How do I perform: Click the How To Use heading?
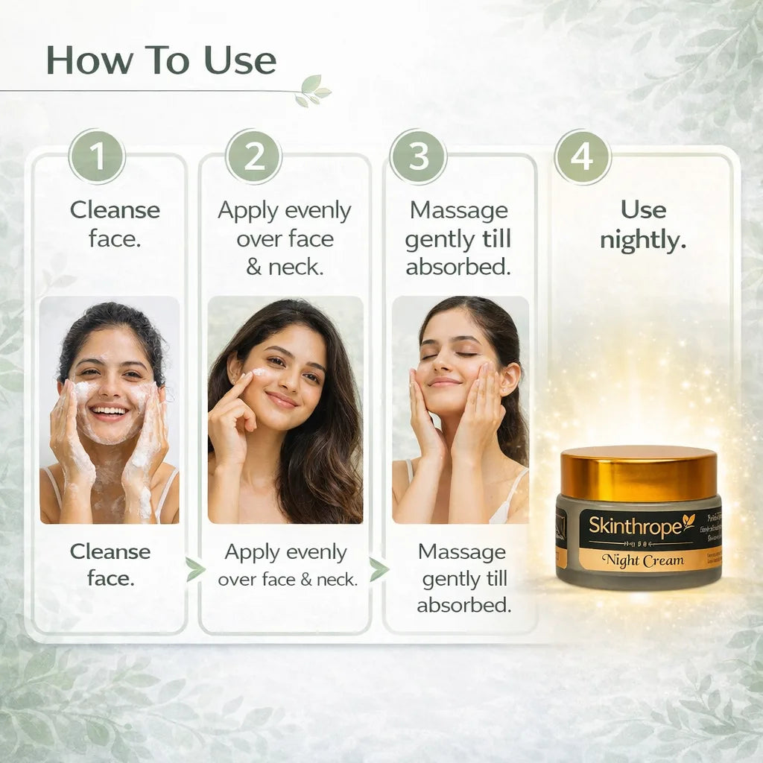[161, 60]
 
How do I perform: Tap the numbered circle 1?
[97, 157]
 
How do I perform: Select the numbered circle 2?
[253, 157]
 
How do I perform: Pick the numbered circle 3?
[418, 157]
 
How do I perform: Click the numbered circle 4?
[582, 157]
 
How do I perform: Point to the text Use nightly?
[643, 225]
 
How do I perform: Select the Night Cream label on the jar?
[642, 560]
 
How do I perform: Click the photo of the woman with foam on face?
[110, 410]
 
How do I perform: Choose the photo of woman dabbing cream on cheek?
[285, 410]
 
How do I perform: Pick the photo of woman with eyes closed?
[460, 410]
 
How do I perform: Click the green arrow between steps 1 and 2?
[194, 569]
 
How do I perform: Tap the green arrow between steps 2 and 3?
[379, 569]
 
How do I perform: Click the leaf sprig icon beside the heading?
[312, 90]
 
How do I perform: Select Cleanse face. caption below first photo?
[110, 565]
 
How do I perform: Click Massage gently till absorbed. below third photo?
[463, 578]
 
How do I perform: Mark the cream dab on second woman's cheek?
[258, 373]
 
